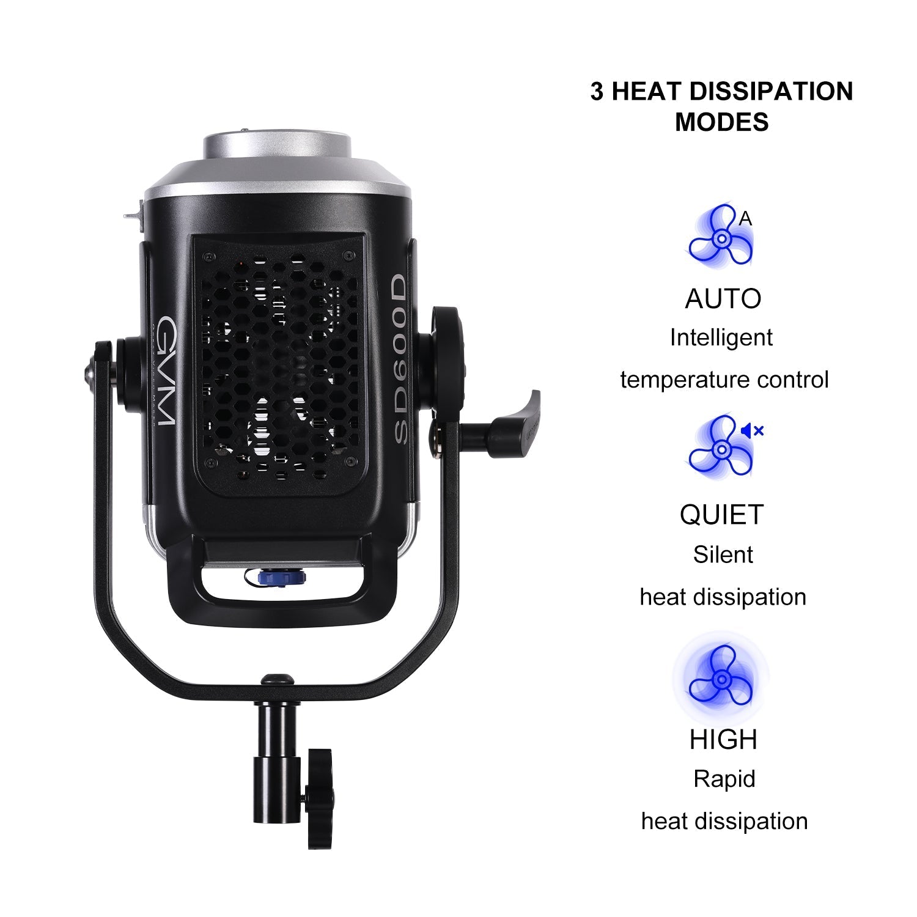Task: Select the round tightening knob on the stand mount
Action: (x=319, y=798)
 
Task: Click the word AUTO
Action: (x=723, y=299)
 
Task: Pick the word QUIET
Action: (x=721, y=515)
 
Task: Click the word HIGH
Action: (x=723, y=740)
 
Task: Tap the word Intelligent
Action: (x=721, y=337)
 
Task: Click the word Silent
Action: (x=723, y=554)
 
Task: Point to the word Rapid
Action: (x=724, y=779)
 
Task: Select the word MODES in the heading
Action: (x=721, y=122)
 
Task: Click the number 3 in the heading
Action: (x=597, y=92)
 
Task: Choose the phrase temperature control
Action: (x=724, y=380)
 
